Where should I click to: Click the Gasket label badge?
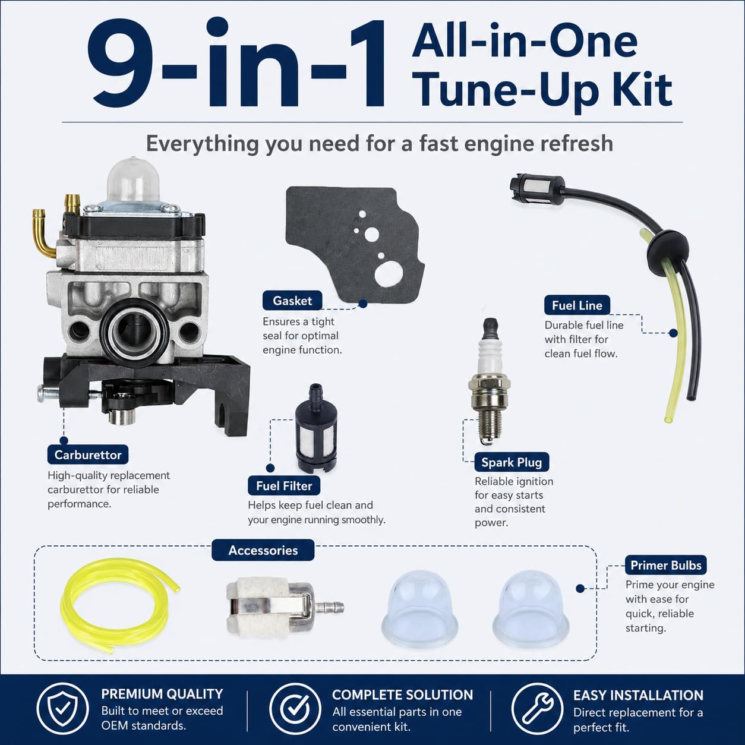coord(292,301)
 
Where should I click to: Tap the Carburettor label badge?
coord(88,454)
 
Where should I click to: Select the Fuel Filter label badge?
coord(284,485)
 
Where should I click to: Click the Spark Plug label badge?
coord(512,462)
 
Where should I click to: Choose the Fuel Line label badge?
coord(577,305)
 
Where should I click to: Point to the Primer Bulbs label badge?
coord(666,565)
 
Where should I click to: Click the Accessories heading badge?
coord(263,550)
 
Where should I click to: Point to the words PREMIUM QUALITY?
coord(162,694)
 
